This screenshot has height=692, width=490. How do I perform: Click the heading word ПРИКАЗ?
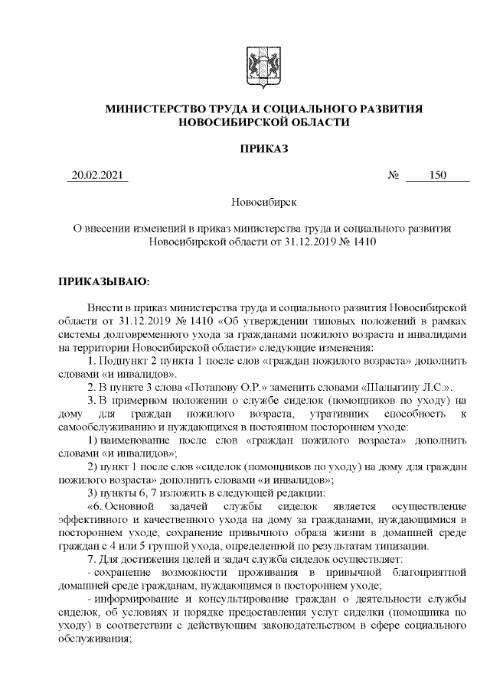(x=264, y=148)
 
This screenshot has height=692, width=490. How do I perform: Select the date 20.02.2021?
(x=96, y=177)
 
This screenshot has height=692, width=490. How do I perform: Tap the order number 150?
(x=438, y=177)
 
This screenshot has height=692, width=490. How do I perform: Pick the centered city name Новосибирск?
(x=263, y=203)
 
